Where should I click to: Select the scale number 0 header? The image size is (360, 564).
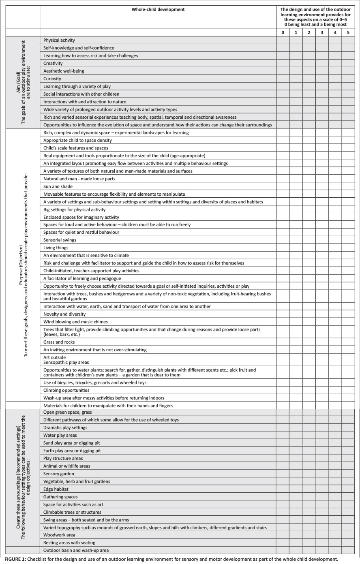[x=283, y=32]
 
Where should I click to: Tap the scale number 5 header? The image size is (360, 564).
[x=348, y=32]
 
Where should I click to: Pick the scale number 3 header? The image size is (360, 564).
[x=322, y=32]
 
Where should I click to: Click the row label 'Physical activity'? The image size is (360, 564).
[x=59, y=41]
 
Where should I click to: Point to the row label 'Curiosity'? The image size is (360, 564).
[x=53, y=79]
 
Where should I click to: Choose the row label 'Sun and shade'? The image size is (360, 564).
[x=58, y=186]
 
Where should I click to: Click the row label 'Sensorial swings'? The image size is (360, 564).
[x=60, y=240]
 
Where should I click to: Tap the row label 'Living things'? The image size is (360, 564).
[x=56, y=248]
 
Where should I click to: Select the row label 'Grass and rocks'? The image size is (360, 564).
[x=59, y=342]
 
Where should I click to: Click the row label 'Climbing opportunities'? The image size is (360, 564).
[x=66, y=390]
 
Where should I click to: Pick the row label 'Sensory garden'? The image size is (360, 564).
[x=59, y=474]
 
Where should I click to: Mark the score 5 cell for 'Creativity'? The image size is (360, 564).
[x=348, y=63]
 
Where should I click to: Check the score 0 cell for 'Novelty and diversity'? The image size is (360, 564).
[x=283, y=314]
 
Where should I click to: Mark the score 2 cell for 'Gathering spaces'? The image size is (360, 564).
[x=309, y=497]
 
